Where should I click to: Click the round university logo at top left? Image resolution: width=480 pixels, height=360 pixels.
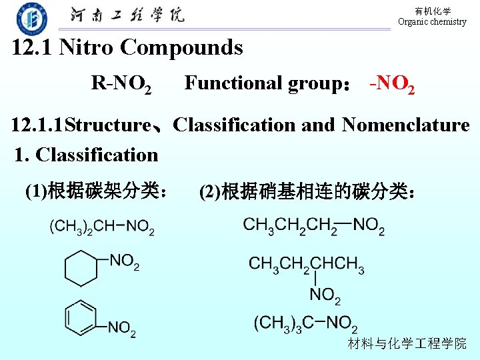click(31, 18)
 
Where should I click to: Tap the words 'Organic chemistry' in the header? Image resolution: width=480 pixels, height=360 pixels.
click(432, 22)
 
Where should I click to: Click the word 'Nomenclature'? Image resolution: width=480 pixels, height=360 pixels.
click(405, 125)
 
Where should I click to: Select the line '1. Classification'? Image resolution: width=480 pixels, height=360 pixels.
click(87, 155)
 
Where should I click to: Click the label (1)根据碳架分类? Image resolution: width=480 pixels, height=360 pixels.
click(96, 192)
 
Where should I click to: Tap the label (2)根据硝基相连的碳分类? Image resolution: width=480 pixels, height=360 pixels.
click(309, 192)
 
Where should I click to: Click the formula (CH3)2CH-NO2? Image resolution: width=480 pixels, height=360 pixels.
click(101, 227)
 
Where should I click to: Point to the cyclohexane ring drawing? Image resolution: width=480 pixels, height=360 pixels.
click(81, 268)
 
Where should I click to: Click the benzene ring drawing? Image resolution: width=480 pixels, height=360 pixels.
click(81, 319)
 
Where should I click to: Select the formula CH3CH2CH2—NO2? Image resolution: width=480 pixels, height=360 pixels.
click(313, 225)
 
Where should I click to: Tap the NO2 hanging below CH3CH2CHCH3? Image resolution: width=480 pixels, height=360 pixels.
click(324, 295)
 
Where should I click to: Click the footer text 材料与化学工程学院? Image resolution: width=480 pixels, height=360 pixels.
click(407, 344)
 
